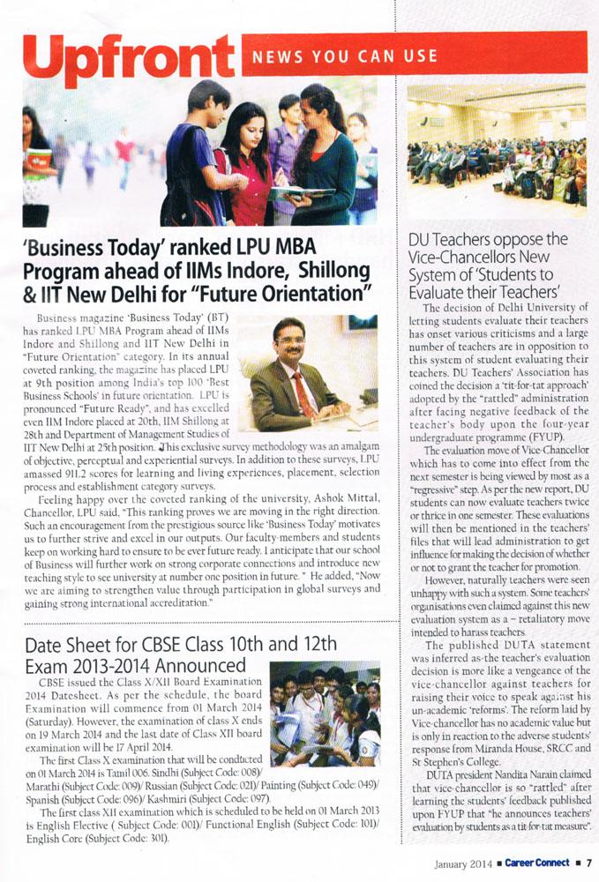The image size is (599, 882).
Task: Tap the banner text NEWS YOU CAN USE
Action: pyautogui.click(x=345, y=57)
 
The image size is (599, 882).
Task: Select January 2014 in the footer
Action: pyautogui.click(x=464, y=863)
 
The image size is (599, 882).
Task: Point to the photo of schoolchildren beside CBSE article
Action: pyautogui.click(x=325, y=714)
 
